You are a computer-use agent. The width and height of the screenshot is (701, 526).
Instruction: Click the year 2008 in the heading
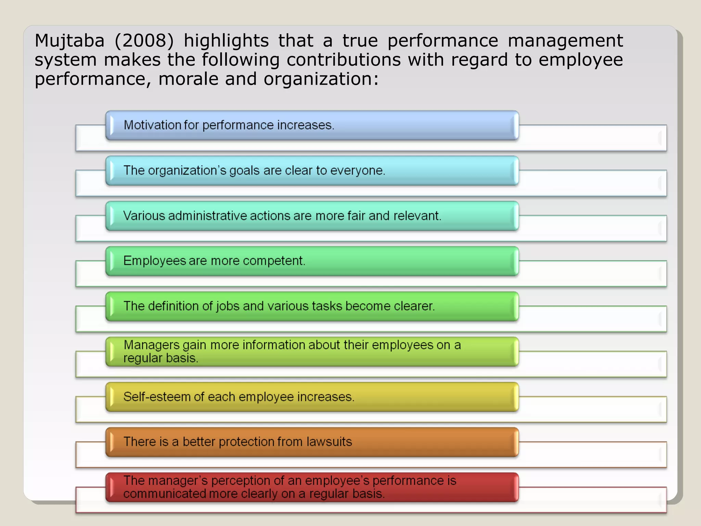click(144, 41)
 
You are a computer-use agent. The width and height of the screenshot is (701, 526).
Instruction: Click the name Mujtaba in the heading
click(69, 41)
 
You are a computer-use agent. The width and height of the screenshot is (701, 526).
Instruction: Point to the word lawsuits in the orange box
click(329, 442)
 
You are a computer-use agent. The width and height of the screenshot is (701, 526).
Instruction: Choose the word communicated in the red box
click(165, 494)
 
